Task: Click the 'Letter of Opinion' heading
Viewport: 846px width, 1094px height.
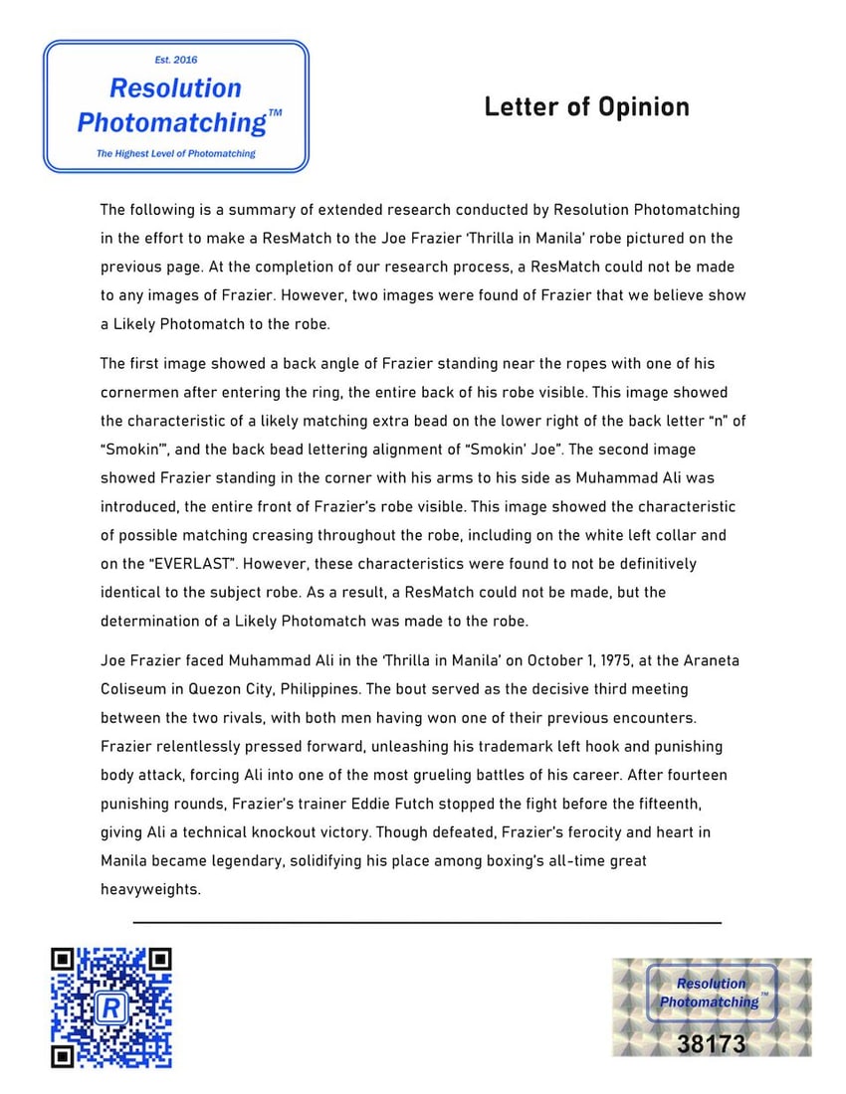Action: [586, 107]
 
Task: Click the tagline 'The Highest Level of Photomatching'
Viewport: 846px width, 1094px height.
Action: [175, 154]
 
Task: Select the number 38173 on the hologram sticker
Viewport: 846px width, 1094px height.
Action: [712, 1044]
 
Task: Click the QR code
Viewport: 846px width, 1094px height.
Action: [111, 1007]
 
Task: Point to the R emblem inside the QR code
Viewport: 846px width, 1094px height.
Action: [111, 1008]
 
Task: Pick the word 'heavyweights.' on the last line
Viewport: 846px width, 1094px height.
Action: [150, 889]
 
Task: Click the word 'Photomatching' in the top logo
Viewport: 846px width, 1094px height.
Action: [171, 123]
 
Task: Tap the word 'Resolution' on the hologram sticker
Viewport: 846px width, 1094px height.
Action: [711, 984]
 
